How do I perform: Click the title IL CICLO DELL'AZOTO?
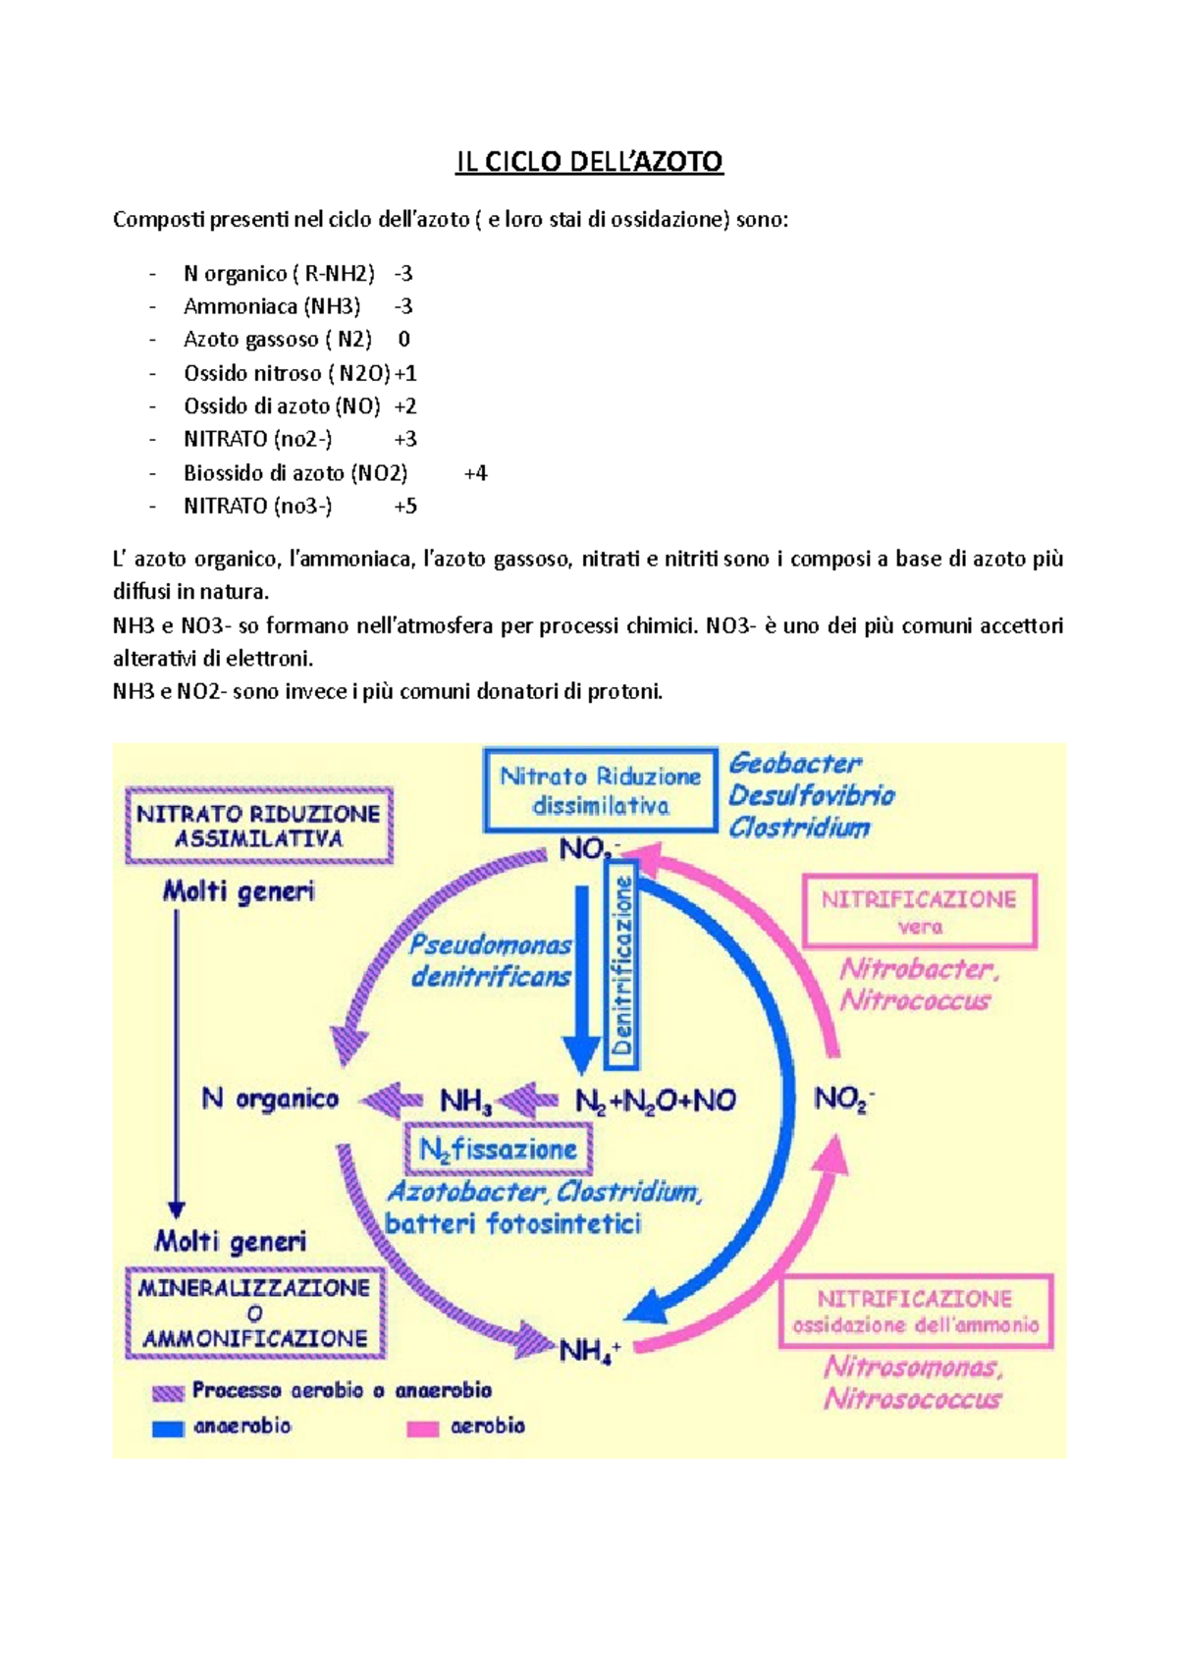[x=589, y=162]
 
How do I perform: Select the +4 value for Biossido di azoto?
[x=475, y=473]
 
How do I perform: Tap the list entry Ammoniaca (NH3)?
[x=272, y=306]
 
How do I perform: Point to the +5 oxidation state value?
[x=405, y=507]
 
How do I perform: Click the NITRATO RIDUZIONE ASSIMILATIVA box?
[x=258, y=826]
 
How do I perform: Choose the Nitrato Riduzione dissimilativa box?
[x=600, y=790]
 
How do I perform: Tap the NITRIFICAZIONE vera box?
[x=919, y=911]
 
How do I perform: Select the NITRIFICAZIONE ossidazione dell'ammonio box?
[x=915, y=1312]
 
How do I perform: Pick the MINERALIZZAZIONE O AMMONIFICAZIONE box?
[x=254, y=1313]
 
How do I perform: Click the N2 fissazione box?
[x=499, y=1149]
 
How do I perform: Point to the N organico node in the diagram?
[x=270, y=1099]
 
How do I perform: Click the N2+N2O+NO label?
[x=655, y=1101]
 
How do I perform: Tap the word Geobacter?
[x=795, y=763]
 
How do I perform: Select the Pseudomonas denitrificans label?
[x=491, y=960]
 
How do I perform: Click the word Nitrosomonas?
[x=912, y=1367]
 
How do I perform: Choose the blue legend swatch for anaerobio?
[x=168, y=1428]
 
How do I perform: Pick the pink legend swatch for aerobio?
[x=422, y=1428]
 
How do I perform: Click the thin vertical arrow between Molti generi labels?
[x=177, y=1060]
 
